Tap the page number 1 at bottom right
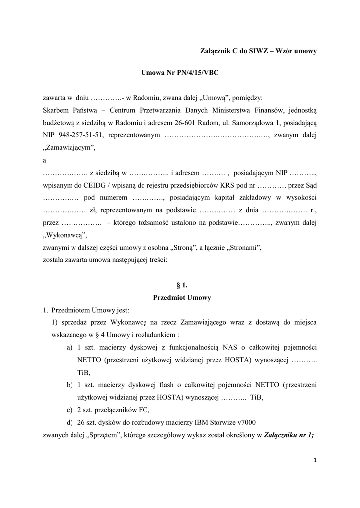[x=315, y=460]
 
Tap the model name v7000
[x=244, y=423]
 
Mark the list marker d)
[x=69, y=423]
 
